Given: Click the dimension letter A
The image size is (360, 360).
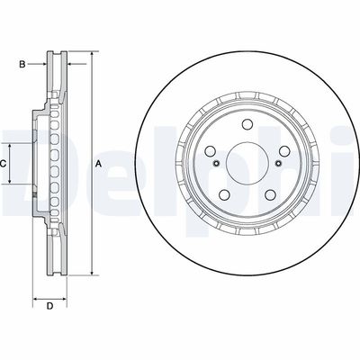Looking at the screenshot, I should [98, 163].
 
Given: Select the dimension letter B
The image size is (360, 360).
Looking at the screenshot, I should [23, 63].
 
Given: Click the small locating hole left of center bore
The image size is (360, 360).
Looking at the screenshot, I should [219, 164].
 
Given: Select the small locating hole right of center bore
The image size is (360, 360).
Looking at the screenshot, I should [267, 164].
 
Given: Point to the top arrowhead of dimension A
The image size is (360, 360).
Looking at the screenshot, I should [91, 56].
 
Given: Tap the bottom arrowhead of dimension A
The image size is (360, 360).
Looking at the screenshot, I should [91, 274].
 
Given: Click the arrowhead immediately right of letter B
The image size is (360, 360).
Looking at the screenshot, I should [42, 63].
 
